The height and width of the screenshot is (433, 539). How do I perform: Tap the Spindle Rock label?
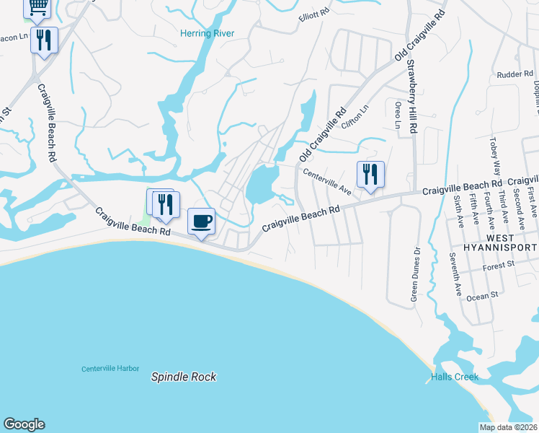(184, 377)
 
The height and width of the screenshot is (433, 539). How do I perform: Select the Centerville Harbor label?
(110, 369)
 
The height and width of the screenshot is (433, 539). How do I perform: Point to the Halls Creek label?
(455, 377)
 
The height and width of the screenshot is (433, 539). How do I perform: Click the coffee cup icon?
(202, 220)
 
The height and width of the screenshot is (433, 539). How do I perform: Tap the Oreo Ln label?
(397, 115)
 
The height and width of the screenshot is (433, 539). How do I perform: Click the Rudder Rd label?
(514, 74)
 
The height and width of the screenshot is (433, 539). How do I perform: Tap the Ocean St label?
(483, 296)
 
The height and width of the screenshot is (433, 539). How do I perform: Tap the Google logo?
(24, 424)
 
